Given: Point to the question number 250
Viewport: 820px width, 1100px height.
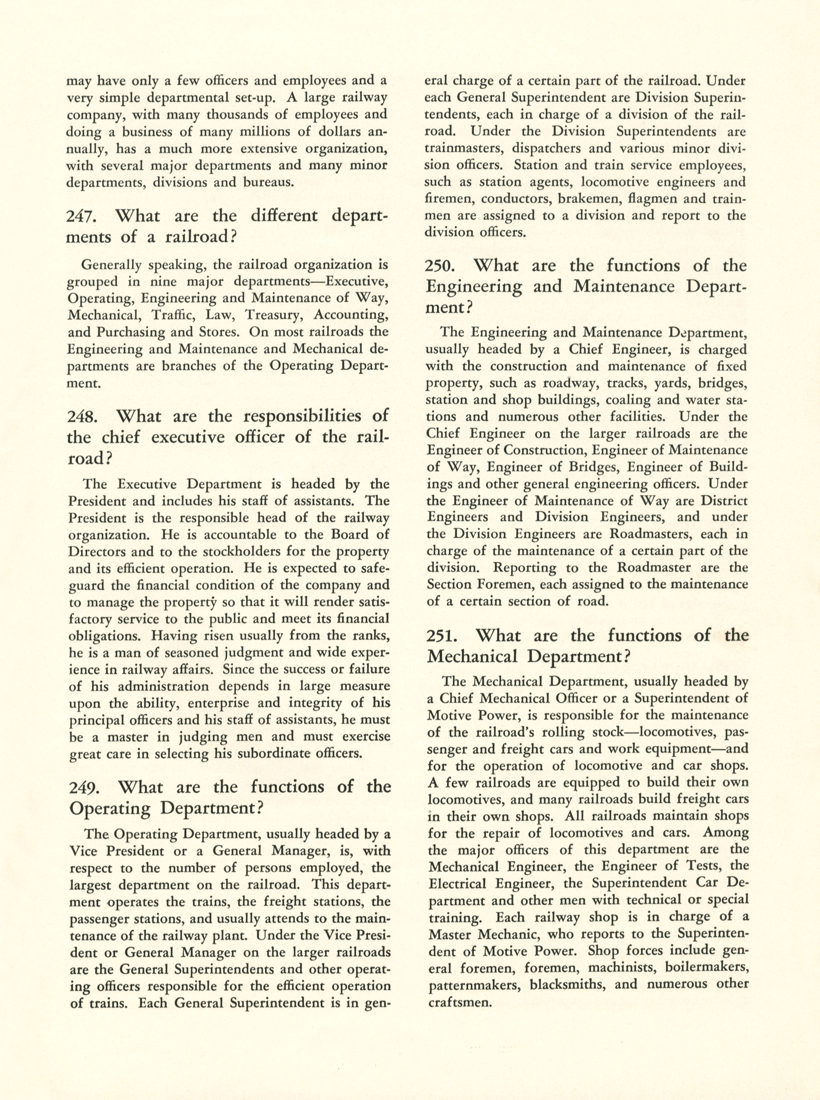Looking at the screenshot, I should tap(441, 266).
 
